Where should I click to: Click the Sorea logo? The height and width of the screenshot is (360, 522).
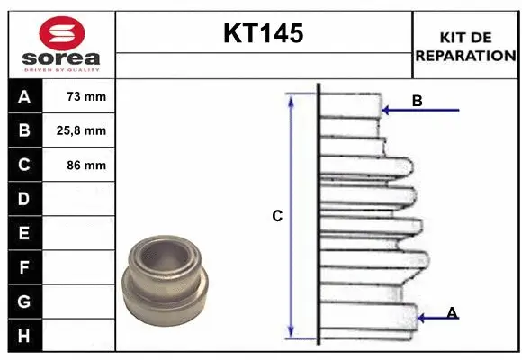(61, 44)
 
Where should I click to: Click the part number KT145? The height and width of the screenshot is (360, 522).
(263, 34)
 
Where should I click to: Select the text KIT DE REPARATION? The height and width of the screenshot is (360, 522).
(465, 46)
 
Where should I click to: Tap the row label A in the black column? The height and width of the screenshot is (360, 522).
(23, 96)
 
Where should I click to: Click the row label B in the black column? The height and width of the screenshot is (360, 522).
(23, 130)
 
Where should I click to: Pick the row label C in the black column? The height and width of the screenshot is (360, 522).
(23, 165)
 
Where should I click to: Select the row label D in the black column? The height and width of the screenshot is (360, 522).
(23, 199)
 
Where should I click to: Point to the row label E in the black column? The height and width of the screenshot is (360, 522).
(23, 233)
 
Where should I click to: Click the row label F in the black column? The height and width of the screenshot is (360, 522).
(23, 267)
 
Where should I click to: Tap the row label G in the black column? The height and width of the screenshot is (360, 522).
(23, 301)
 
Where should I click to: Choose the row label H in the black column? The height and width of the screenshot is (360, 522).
(23, 336)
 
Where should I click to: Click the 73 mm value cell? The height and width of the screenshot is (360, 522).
(86, 96)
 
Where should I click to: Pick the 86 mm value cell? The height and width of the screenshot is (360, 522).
(86, 165)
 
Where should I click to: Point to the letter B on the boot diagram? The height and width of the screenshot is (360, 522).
(417, 101)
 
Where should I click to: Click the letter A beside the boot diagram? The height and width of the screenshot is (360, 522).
(452, 312)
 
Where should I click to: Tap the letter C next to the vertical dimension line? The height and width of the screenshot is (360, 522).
(277, 216)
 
